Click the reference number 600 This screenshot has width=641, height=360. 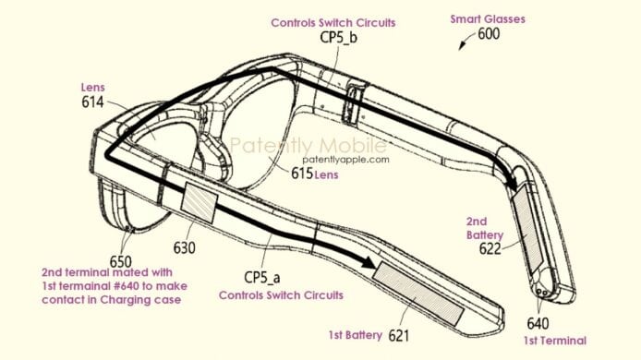491,36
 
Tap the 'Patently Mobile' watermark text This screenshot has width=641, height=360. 296,145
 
